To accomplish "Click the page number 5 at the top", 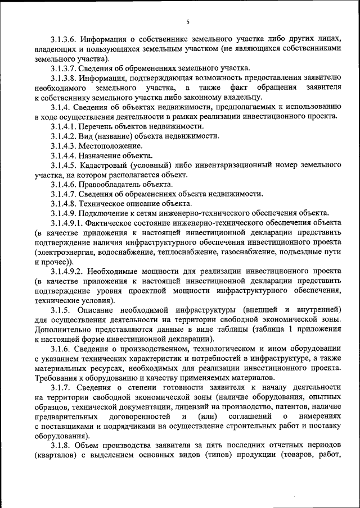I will [x=188, y=22].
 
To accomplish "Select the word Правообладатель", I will [x=112, y=184].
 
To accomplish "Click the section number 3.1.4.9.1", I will [x=67, y=222].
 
